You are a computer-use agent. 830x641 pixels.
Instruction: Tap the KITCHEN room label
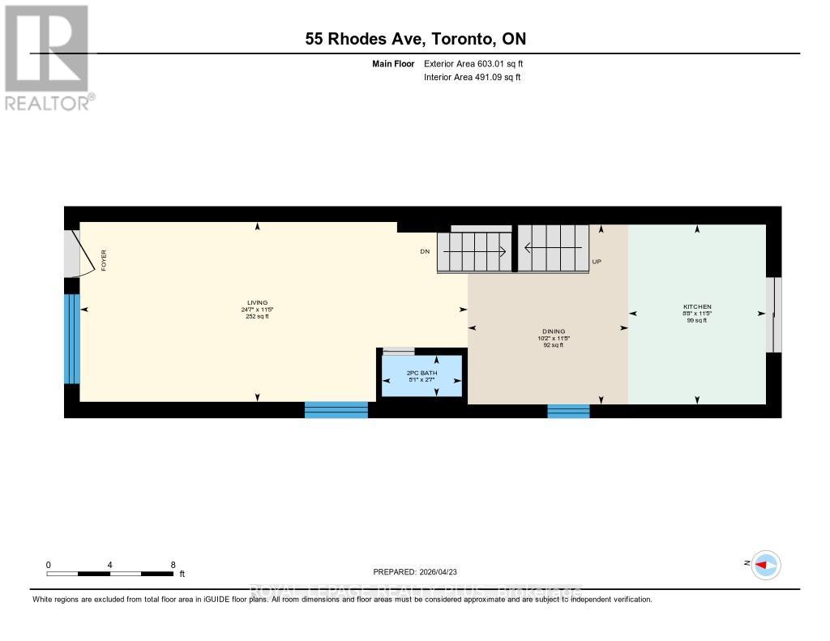click(697, 306)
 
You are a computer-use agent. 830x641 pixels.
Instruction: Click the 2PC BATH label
click(421, 374)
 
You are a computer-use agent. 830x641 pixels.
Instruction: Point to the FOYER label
click(104, 259)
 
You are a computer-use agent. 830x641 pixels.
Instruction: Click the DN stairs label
click(424, 252)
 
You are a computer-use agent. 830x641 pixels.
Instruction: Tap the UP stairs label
click(597, 262)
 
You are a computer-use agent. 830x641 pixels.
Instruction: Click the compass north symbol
click(764, 565)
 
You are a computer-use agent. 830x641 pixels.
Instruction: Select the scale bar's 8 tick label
click(173, 565)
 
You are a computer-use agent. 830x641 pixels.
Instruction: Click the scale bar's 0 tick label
click(49, 565)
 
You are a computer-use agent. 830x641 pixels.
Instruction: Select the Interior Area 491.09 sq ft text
click(472, 78)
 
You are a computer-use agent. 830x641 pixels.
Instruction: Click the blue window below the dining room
click(568, 411)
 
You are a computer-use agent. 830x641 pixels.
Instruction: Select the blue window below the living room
click(336, 410)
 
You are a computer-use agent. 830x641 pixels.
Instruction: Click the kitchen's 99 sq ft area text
click(697, 320)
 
